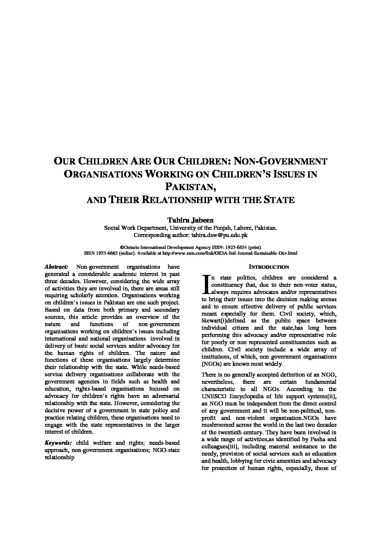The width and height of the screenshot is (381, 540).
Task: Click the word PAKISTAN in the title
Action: click(190, 187)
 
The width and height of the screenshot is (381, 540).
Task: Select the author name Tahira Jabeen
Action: click(190, 220)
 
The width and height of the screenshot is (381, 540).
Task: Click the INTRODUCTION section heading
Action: click(269, 267)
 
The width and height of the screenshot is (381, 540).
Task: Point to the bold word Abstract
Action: click(56, 267)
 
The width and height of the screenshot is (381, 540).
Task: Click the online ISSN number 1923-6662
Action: click(108, 253)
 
